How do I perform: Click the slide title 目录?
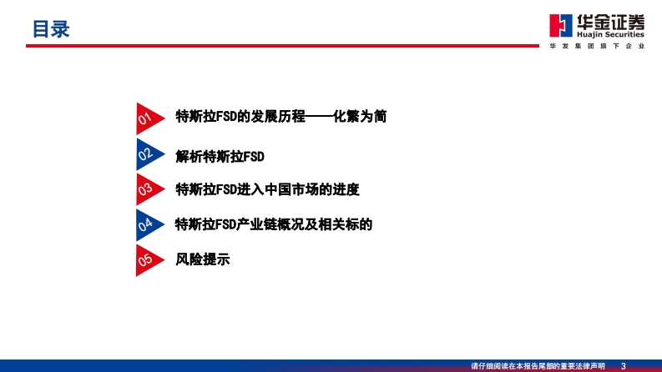tap(51, 29)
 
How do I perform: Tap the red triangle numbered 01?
tap(148, 118)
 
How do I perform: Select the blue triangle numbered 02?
tap(148, 154)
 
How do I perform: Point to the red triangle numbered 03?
tap(148, 189)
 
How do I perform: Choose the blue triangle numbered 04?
tap(148, 225)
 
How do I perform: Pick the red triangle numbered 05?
tap(148, 260)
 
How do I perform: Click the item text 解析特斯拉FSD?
tap(220, 157)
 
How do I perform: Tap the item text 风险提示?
tap(202, 259)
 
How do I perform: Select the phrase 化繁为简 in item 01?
tap(359, 116)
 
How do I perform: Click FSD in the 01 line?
tap(226, 117)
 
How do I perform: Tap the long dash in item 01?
tap(319, 117)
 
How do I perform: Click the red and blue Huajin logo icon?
tap(561, 26)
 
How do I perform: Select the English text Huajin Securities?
tap(610, 34)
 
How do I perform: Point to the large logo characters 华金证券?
tap(610, 22)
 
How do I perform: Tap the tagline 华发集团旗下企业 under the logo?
tap(597, 46)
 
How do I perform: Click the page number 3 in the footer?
tap(623, 366)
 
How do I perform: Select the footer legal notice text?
tap(538, 366)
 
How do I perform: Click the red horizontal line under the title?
tap(282, 46)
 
